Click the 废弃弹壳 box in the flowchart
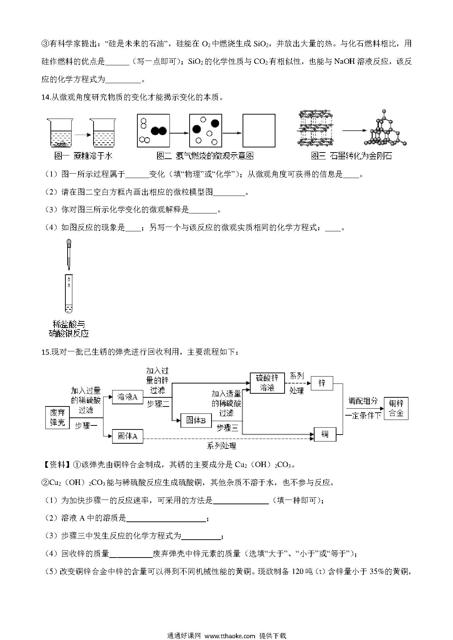[57, 417]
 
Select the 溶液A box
[127, 397]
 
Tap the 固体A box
[127, 436]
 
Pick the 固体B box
[196, 420]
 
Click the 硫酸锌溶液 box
[267, 383]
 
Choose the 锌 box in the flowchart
[322, 383]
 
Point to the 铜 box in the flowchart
[325, 434]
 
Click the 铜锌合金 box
[396, 408]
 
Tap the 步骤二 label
[158, 404]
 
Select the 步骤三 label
[227, 428]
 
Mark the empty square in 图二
[259, 131]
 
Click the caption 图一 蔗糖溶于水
[83, 156]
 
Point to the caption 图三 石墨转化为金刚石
[351, 156]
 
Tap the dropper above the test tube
[69, 254]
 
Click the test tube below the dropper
[69, 294]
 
